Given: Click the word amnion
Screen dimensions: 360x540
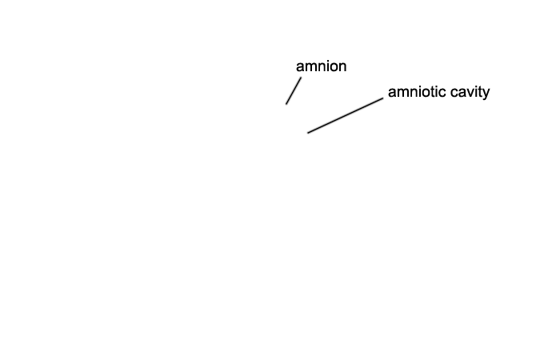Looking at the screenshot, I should coord(321,66).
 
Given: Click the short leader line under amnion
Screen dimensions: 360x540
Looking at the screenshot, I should coord(293,91).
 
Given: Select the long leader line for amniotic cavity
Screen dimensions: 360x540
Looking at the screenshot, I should coord(346,115).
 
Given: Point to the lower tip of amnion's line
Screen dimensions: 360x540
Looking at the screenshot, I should coord(286,104).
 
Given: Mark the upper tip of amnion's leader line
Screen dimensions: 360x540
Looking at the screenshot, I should coord(300,78).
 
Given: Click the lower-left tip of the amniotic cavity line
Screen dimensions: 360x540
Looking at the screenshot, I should coord(308,133).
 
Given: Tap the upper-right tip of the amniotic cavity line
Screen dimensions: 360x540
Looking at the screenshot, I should coord(383,98).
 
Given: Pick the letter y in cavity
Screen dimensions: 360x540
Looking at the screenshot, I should coord(486,94).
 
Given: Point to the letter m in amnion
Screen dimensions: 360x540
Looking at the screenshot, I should coord(310,66).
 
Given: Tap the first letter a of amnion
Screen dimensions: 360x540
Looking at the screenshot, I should coord(300,66).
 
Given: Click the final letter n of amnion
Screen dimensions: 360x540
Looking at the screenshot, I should coord(342,66).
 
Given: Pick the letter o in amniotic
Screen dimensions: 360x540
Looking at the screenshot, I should coord(424,92).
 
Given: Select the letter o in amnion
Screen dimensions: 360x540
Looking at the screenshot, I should coord(333,66).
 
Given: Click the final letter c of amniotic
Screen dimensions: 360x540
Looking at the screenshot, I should coord(440,92).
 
